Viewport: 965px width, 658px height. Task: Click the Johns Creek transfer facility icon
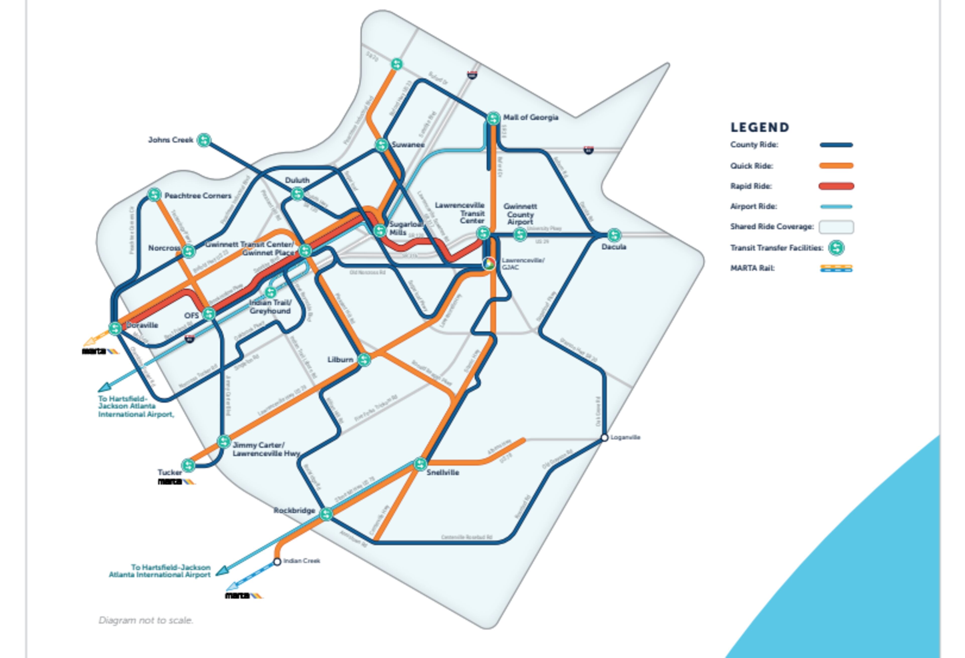[204, 140]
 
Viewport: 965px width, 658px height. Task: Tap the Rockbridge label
[294, 510]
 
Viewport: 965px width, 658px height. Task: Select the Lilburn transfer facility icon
[364, 359]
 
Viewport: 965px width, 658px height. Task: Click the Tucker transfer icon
[188, 465]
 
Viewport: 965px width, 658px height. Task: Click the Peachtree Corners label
[198, 195]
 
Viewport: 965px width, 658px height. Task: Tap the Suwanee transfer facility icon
[381, 145]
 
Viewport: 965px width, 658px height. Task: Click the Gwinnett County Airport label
[520, 214]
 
